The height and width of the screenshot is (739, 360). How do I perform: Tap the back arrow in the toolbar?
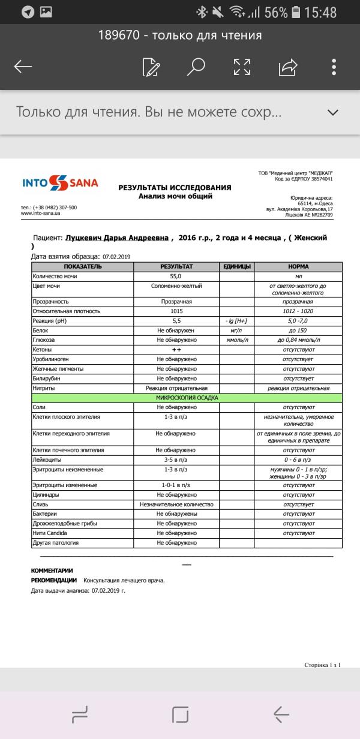point(23,67)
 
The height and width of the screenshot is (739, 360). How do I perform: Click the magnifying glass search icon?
point(196,67)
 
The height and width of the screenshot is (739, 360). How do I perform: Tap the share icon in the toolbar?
point(288,67)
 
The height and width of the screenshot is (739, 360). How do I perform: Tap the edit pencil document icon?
point(151,67)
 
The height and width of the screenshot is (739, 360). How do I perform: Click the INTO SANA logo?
point(60,183)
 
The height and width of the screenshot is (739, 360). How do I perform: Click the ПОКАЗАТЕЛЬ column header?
point(83,266)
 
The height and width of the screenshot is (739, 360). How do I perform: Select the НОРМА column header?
point(298,266)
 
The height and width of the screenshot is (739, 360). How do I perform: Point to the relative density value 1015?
point(176,311)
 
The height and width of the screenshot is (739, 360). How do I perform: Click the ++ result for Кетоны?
point(176,350)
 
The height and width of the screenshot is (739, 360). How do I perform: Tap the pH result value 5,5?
point(176,321)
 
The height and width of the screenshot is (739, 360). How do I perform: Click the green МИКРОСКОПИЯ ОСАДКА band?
point(187,398)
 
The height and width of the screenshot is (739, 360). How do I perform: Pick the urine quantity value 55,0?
point(176,277)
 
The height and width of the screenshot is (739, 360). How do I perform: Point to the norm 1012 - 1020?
point(298,311)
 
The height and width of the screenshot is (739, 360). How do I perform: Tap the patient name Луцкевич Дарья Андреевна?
point(117,238)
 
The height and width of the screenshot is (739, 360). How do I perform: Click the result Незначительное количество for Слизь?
point(176,504)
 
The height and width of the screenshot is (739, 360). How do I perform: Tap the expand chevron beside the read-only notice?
point(333,112)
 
